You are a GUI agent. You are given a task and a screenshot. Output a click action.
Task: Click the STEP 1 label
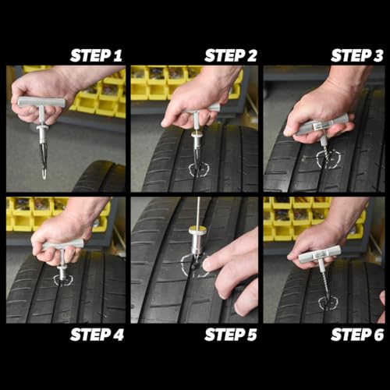(96, 55)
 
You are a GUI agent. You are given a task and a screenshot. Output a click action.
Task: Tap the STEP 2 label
(232, 55)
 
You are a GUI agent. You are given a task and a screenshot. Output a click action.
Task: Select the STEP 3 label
(357, 55)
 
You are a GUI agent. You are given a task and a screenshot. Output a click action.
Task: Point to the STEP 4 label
(96, 335)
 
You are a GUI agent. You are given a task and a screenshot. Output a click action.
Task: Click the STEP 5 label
(232, 335)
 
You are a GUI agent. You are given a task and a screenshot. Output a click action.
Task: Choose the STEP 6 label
(357, 335)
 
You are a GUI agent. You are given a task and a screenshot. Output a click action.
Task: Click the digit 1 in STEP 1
(118, 55)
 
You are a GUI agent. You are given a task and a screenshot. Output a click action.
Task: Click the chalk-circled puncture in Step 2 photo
(198, 168)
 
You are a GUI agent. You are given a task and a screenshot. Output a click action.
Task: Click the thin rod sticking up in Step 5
(198, 211)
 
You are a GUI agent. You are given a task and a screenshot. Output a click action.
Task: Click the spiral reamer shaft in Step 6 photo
(324, 281)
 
